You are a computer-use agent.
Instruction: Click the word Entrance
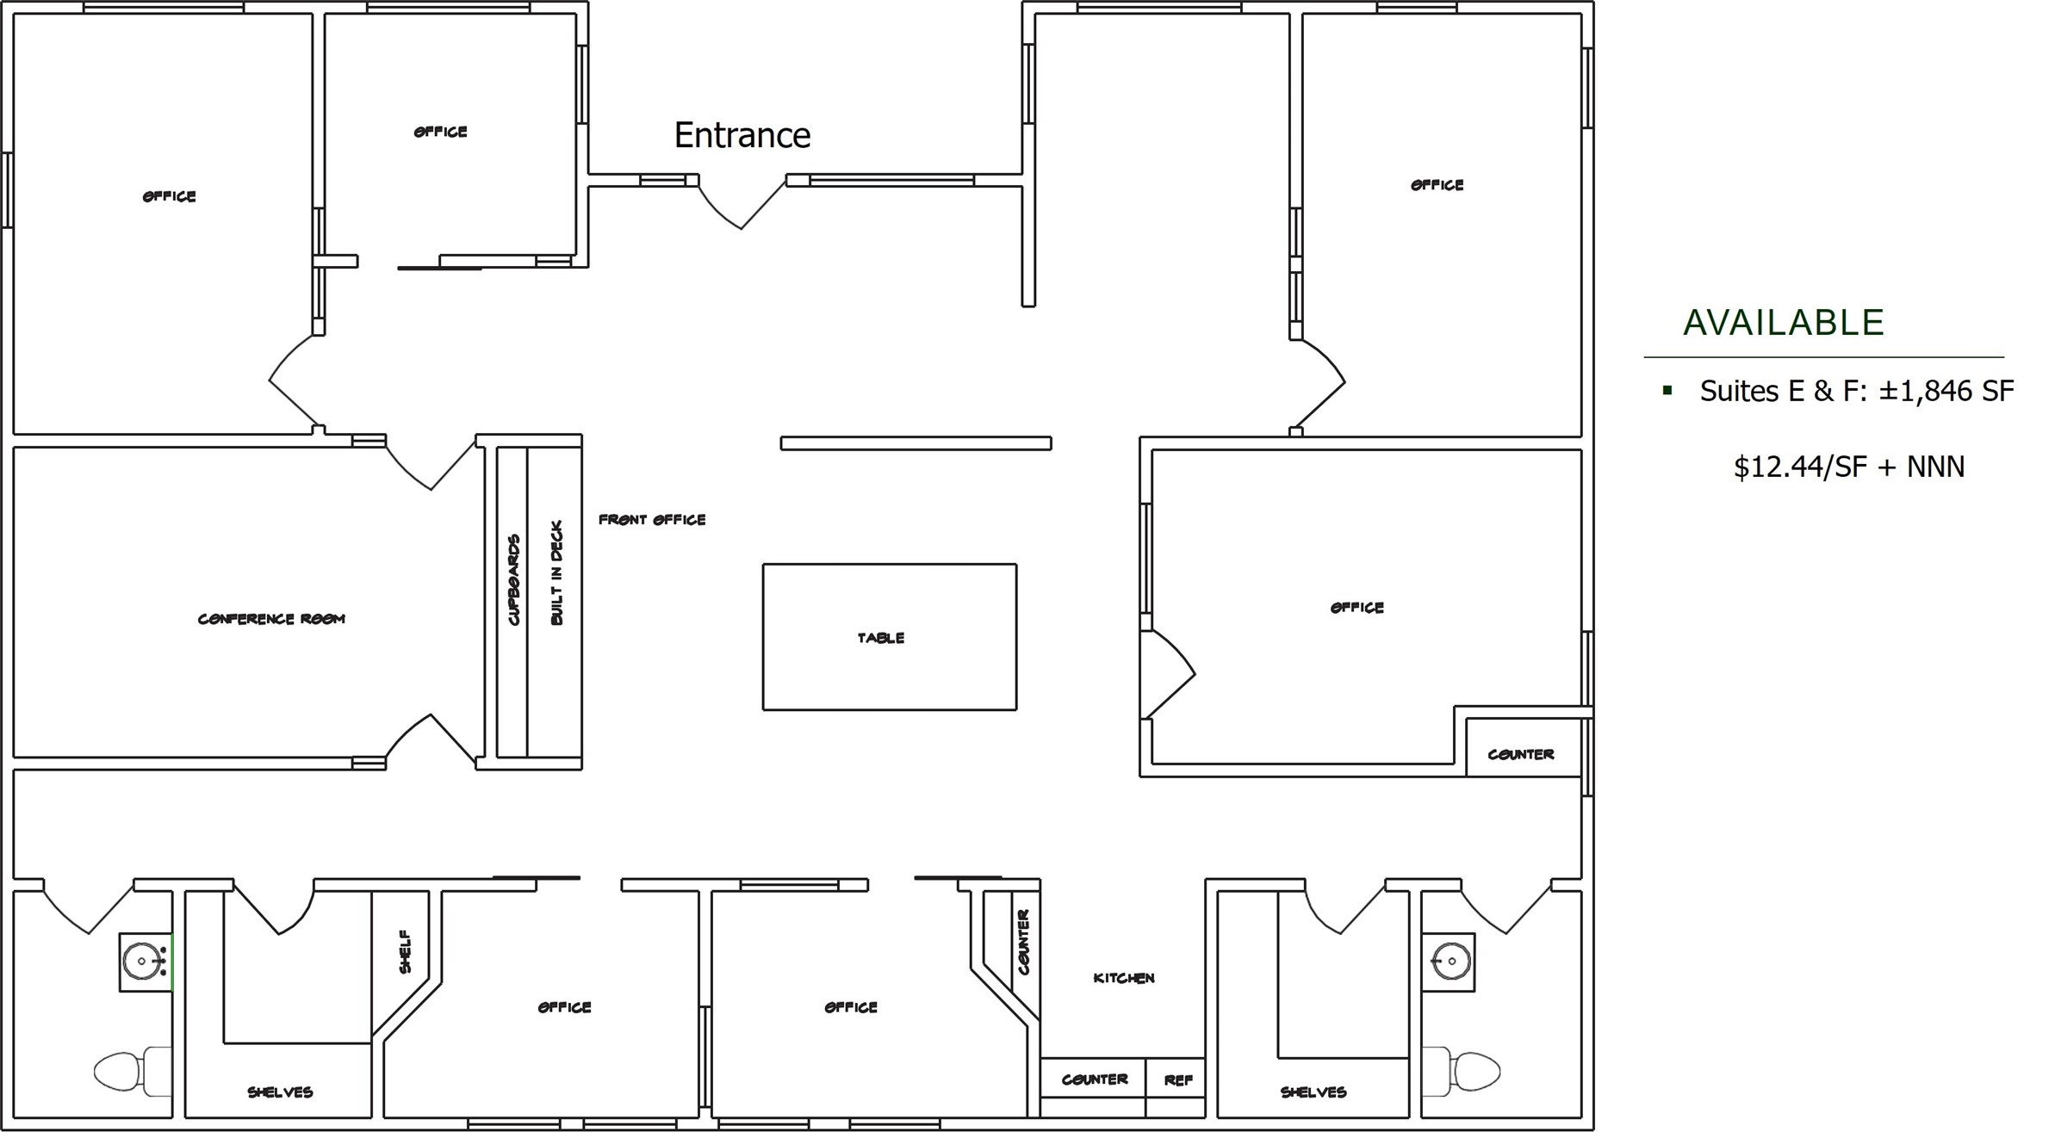click(x=742, y=135)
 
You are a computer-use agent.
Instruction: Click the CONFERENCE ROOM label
click(x=271, y=619)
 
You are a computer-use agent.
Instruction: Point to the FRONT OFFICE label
click(x=652, y=520)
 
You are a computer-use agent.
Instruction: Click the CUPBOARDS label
click(x=514, y=580)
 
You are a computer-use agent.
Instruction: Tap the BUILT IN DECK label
click(x=556, y=572)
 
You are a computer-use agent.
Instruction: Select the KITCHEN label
click(x=1124, y=978)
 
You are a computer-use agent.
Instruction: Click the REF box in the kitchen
click(x=1176, y=1079)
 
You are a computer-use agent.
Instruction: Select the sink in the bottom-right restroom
click(x=1448, y=962)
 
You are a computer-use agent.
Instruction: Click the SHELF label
click(x=405, y=951)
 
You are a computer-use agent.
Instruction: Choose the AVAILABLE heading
click(x=1784, y=323)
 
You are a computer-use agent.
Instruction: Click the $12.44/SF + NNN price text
click(x=1849, y=467)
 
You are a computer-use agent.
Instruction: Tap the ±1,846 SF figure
click(x=1946, y=391)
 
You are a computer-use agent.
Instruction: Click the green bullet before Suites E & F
click(x=1667, y=391)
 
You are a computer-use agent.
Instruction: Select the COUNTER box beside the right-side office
click(x=1523, y=747)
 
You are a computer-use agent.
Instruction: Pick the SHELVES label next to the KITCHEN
click(x=1313, y=1092)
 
